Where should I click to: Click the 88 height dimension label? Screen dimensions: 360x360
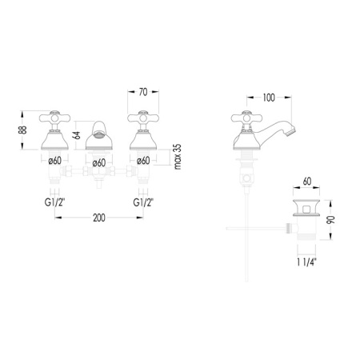(x=24, y=130)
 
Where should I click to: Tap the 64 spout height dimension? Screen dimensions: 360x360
(x=77, y=135)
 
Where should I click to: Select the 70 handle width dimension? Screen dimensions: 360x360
(x=143, y=92)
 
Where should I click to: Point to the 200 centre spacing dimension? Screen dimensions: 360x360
(x=99, y=218)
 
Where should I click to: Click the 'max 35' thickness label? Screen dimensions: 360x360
(x=178, y=157)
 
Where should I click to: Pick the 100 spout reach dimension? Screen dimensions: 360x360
(x=269, y=98)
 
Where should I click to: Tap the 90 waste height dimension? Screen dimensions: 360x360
(x=330, y=220)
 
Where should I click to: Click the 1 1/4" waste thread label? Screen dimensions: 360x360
(x=307, y=262)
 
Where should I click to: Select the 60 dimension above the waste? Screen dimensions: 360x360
(x=307, y=182)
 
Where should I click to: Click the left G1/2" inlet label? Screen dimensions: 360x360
(x=54, y=202)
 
